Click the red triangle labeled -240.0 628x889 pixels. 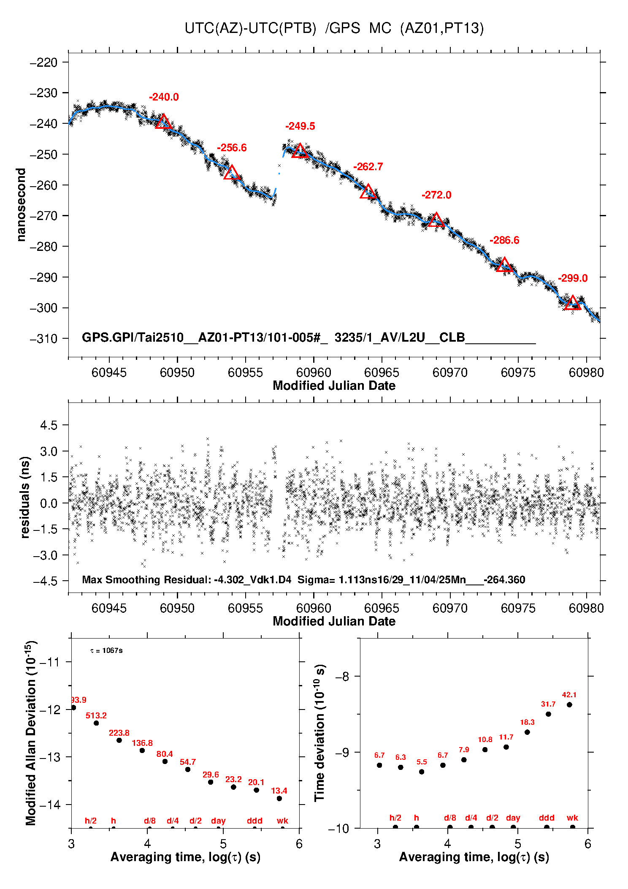coord(163,122)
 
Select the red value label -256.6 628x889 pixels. coord(232,148)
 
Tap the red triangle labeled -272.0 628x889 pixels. coord(436,220)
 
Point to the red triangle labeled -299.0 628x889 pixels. coord(572,303)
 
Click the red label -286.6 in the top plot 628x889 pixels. coord(504,240)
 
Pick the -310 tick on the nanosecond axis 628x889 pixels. coord(43,339)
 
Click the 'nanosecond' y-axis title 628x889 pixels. coord(21,205)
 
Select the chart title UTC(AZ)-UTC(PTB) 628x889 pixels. coord(250,28)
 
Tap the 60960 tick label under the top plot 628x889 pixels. coord(314,372)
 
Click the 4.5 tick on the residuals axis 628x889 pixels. coord(49,425)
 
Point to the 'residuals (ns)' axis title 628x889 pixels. coord(25,497)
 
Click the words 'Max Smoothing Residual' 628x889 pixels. coord(146,579)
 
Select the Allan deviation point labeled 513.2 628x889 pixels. coord(96,723)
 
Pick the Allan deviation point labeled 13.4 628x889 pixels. coord(279,799)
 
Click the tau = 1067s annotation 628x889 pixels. coord(106,650)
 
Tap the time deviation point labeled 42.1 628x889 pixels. coord(569,704)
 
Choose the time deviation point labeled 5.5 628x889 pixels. coord(422,772)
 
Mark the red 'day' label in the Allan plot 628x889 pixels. coord(218,821)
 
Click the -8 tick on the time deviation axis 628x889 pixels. coord(342,677)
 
